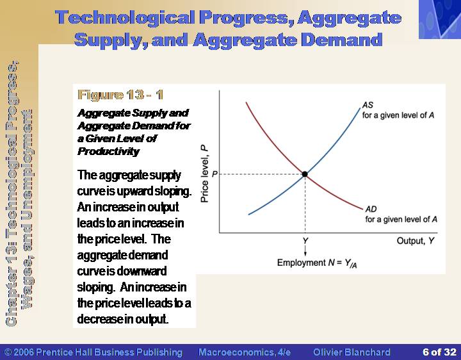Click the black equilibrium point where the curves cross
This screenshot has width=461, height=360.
point(305,174)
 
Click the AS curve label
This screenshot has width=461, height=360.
point(368,105)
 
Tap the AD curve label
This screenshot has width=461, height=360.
point(371,209)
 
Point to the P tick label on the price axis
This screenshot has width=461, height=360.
point(214,174)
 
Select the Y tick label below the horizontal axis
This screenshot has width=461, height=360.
point(305,241)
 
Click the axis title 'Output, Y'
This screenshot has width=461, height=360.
point(415,241)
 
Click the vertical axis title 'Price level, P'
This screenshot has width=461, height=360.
point(204,174)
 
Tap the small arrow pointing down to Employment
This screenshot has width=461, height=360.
point(305,250)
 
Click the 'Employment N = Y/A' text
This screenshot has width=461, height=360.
point(317,263)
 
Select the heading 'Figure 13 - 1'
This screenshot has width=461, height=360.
point(120,95)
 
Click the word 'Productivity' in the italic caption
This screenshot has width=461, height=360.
point(108,151)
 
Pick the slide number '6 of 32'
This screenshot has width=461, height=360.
point(439,352)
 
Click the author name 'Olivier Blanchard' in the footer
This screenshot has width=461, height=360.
point(352,352)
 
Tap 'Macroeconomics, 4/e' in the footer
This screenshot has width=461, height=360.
point(245,352)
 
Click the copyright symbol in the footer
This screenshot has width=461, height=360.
point(8,352)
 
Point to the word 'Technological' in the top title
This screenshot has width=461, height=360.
point(125,18)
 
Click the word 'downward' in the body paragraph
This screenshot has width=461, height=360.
point(142,271)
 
